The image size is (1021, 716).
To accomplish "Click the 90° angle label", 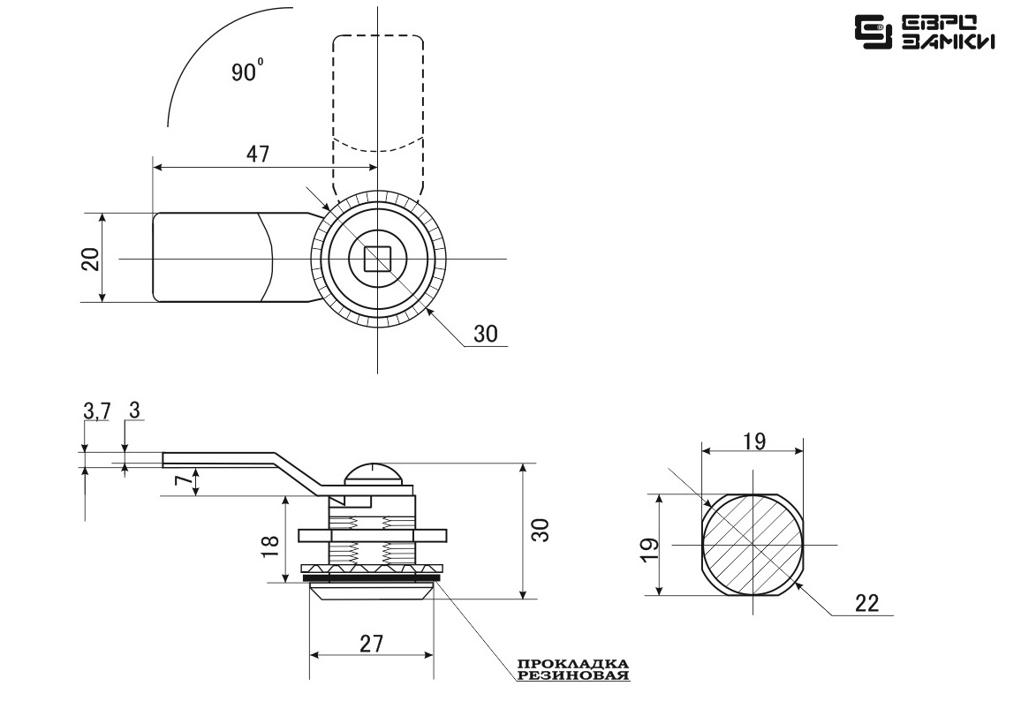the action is tap(247, 71).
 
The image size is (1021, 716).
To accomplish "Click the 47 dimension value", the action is tap(257, 154).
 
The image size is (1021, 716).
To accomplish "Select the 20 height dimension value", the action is tap(90, 259).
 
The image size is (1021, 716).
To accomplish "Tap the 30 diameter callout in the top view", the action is tap(485, 334).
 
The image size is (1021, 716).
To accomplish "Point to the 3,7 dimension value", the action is tap(97, 411).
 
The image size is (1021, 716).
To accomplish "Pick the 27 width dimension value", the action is tap(371, 644).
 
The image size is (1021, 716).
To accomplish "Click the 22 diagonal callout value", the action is tap(866, 603).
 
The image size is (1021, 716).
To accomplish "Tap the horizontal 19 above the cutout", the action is tap(753, 441).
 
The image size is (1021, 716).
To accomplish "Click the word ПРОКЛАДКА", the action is tap(574, 664).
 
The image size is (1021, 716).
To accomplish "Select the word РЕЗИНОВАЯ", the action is tap(574, 675).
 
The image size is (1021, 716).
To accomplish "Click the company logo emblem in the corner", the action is tap(874, 32).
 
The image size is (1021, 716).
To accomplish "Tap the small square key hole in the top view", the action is tap(377, 259).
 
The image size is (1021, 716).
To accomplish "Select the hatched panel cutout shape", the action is tap(753, 544).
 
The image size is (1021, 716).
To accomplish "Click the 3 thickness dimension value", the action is tap(134, 411).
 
